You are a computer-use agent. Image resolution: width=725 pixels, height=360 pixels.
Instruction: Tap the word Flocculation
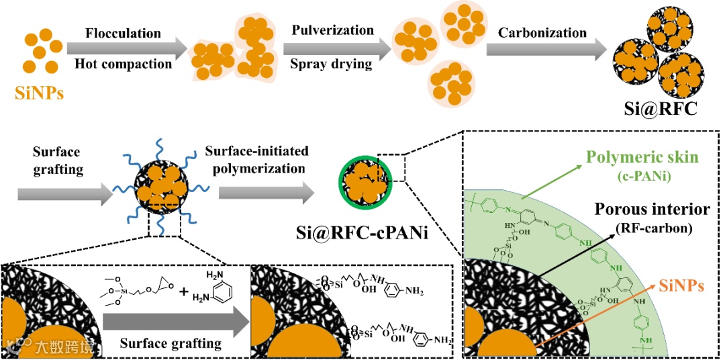[x=124, y=33]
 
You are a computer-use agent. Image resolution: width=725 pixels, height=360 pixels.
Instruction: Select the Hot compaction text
[x=124, y=64]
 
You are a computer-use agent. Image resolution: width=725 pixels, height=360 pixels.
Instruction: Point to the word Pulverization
[x=333, y=30]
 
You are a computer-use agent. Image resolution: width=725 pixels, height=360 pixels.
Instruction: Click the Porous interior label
[x=651, y=210]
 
